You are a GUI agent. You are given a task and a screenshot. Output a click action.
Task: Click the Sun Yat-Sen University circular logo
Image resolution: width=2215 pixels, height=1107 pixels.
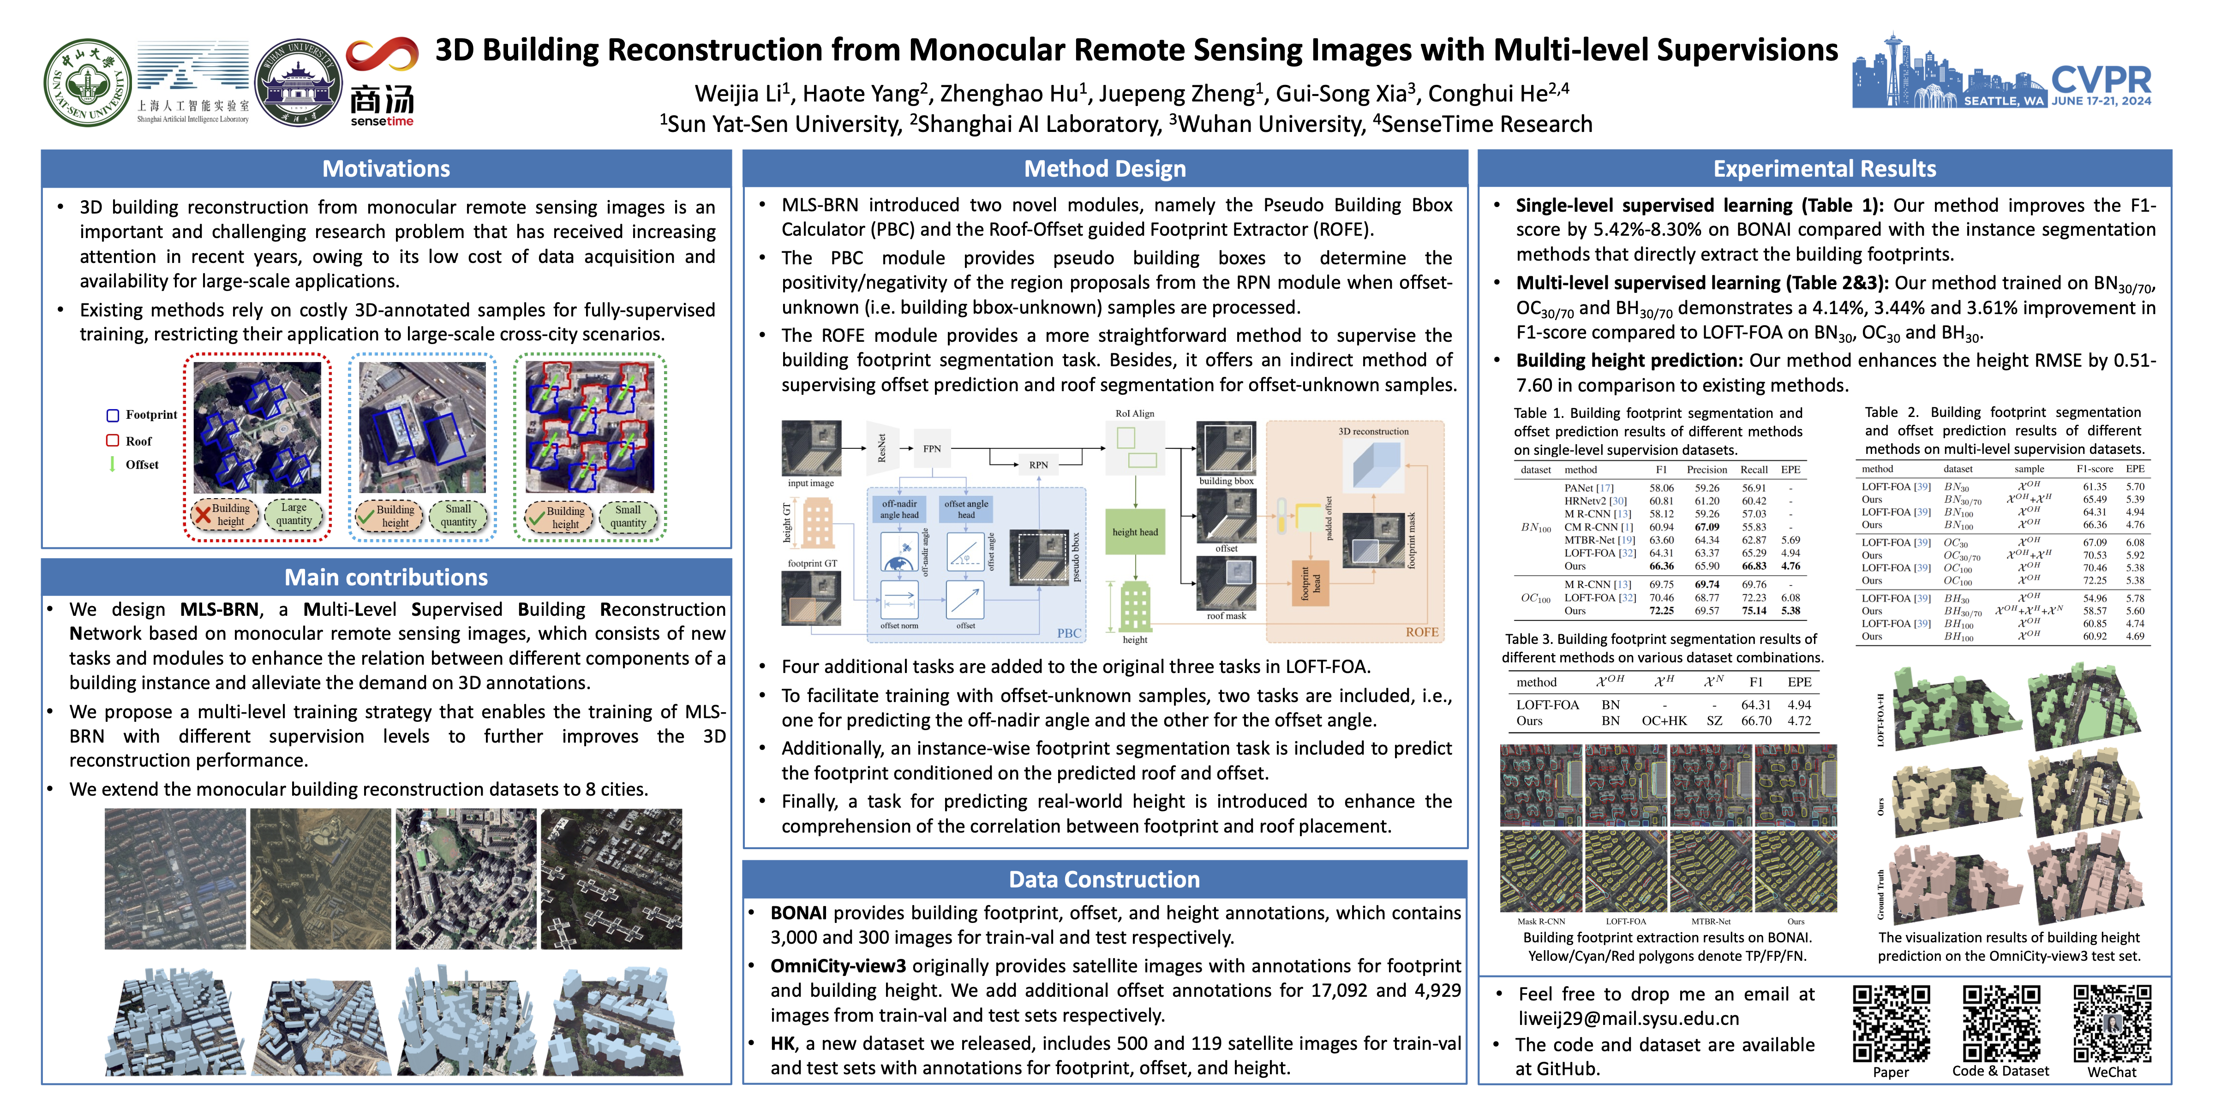click(88, 83)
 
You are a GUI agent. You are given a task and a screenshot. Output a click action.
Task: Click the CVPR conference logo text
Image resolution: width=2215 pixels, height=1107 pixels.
click(2101, 81)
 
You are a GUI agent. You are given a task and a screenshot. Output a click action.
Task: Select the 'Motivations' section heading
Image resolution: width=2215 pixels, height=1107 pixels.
click(386, 168)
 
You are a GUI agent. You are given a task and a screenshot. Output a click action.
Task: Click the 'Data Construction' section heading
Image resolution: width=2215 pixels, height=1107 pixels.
click(1104, 879)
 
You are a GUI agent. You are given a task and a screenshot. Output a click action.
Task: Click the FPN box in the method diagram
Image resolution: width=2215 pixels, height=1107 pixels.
click(932, 448)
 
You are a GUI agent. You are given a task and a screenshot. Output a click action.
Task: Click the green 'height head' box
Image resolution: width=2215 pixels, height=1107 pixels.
click(1135, 532)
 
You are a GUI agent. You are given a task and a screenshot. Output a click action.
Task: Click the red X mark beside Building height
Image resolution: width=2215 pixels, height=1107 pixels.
click(203, 515)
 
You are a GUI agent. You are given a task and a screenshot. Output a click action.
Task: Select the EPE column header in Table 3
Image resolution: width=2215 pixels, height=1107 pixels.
click(1799, 682)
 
